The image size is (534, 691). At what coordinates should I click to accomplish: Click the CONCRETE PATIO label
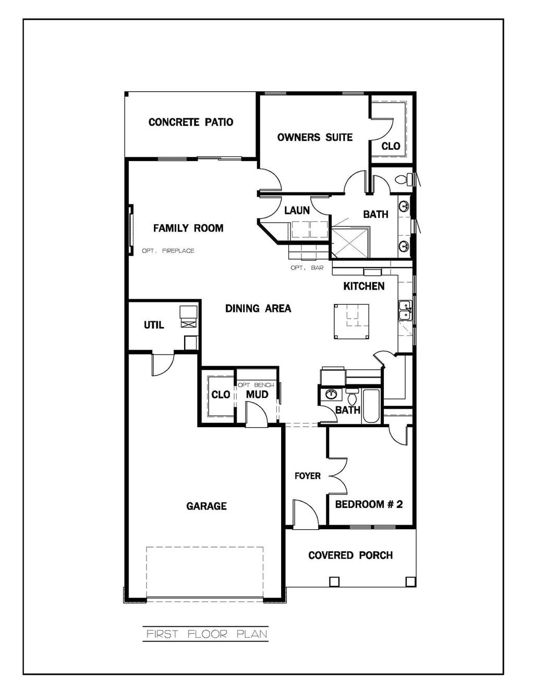pos(190,123)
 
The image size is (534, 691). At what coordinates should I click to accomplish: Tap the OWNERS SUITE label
pos(314,138)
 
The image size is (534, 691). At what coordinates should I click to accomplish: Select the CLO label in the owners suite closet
pos(391,146)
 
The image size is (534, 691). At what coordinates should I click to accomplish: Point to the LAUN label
pos(297,211)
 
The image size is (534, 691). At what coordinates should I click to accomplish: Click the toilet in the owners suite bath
pos(402,180)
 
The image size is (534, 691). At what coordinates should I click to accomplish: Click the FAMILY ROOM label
pos(188,228)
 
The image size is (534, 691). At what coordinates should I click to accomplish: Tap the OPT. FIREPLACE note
pos(168,251)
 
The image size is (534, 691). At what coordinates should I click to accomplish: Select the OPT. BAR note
pos(307,268)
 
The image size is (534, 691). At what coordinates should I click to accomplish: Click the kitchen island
pos(351,322)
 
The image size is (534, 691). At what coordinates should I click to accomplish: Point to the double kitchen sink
pos(405,311)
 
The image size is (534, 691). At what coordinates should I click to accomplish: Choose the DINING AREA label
pos(258,309)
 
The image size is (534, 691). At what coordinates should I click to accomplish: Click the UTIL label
pos(154,325)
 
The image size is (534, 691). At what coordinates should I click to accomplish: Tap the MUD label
pos(257,394)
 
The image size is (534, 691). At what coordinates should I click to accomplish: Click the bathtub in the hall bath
pos(372,406)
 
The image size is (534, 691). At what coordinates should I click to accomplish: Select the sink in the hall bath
pos(331,394)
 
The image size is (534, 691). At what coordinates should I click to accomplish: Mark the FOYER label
pos(307,476)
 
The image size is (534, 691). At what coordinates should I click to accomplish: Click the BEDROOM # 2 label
pos(369,504)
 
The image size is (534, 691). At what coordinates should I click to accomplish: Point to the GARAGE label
pos(207,506)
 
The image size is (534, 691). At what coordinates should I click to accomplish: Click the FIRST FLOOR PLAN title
pos(207,634)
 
